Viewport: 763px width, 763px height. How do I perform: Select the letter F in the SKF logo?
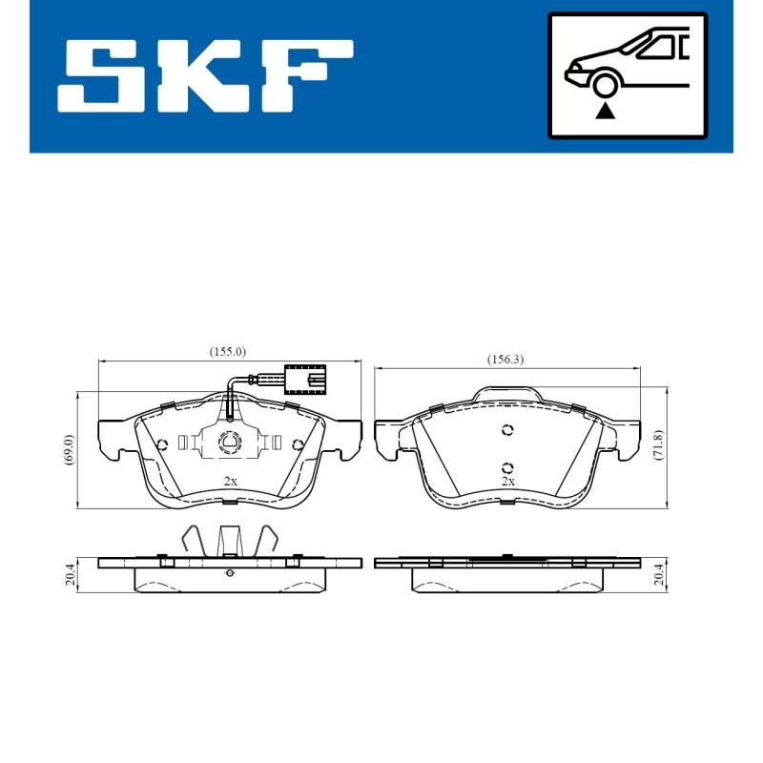point(306,74)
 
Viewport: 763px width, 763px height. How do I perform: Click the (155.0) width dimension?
point(228,351)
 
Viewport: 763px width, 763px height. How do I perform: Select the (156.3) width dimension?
point(505,359)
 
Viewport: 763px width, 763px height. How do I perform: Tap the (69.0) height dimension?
point(67,449)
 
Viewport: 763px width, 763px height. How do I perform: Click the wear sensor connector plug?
point(303,379)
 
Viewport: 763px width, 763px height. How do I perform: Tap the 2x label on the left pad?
point(229,482)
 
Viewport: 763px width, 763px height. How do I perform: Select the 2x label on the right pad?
point(508,482)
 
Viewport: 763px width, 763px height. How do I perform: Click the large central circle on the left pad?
point(230,442)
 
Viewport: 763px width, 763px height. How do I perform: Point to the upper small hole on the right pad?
point(507,430)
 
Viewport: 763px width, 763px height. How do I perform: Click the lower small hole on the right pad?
point(507,467)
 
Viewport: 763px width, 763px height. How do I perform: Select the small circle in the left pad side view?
point(229,572)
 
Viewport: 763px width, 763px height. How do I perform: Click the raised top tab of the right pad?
point(507,392)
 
